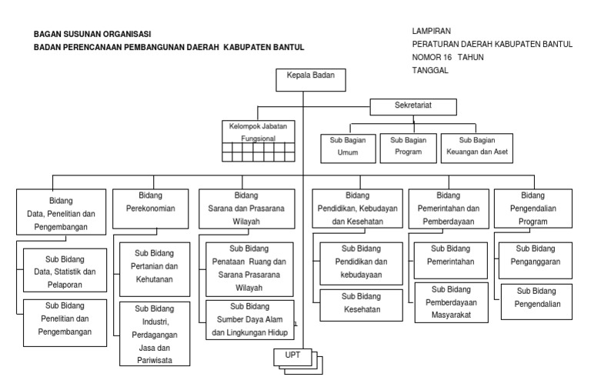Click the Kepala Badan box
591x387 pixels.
(306, 78)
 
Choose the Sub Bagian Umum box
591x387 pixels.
(347, 147)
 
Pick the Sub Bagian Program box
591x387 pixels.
(407, 147)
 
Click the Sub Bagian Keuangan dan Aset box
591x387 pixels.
(477, 147)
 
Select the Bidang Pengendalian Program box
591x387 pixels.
(533, 208)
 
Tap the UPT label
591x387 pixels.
(293, 355)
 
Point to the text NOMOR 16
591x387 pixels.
(432, 58)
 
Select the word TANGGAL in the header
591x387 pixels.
(431, 71)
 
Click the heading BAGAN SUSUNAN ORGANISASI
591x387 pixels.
(92, 35)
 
